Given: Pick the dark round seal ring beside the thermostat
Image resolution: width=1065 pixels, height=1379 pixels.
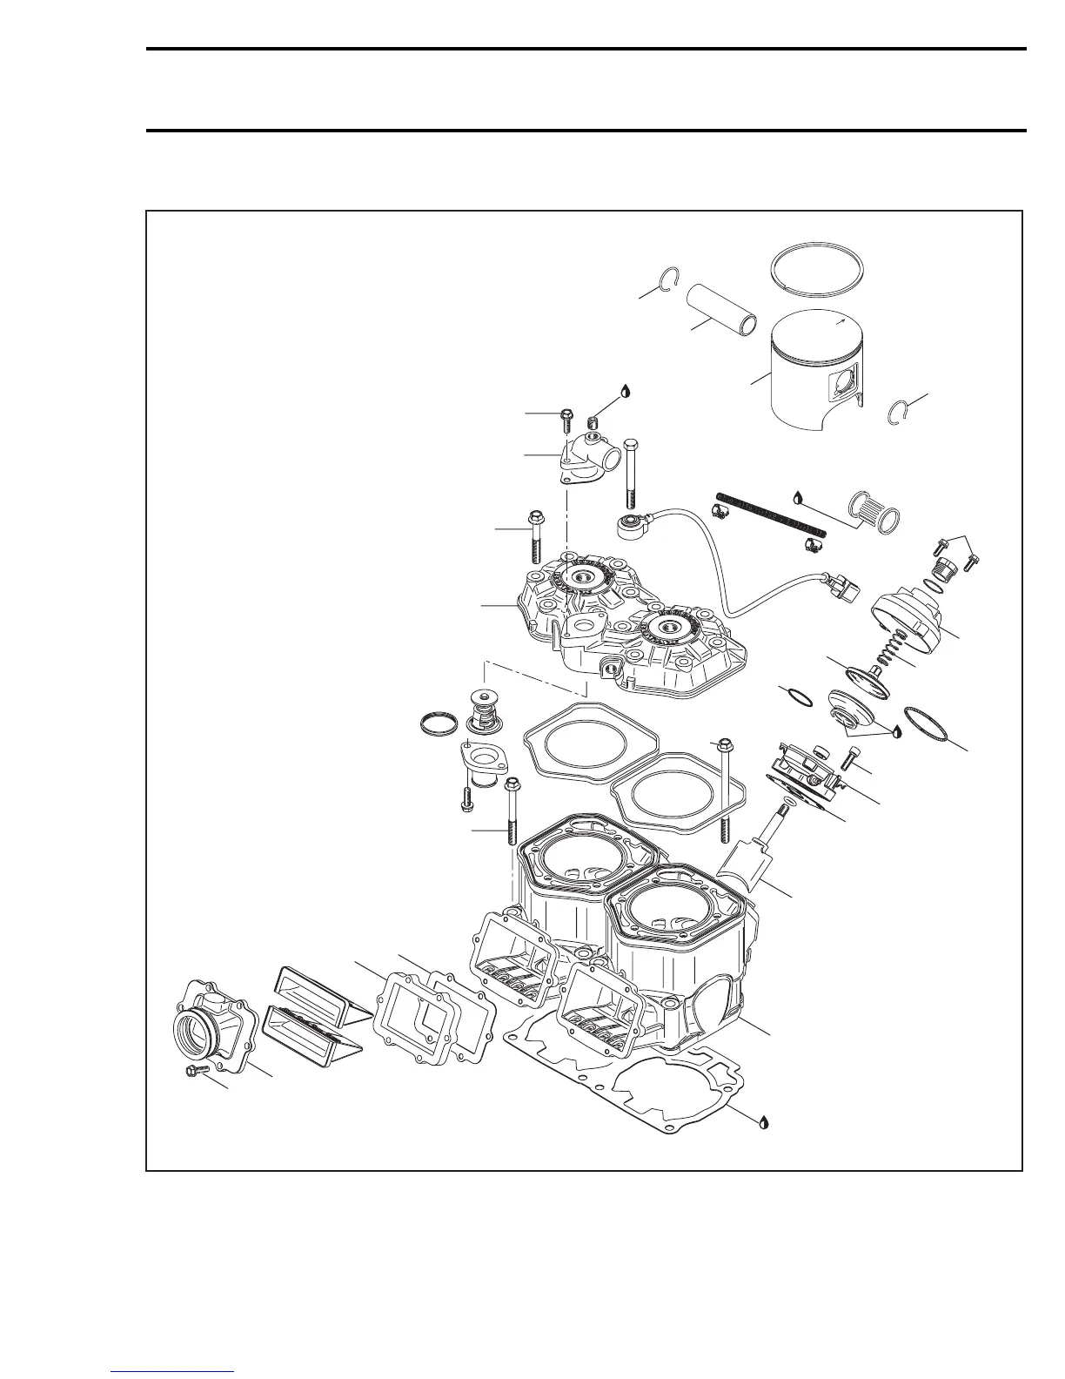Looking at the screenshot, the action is pos(436,723).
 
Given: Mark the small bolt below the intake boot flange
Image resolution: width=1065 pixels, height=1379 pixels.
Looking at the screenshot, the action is pos(194,1073).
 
